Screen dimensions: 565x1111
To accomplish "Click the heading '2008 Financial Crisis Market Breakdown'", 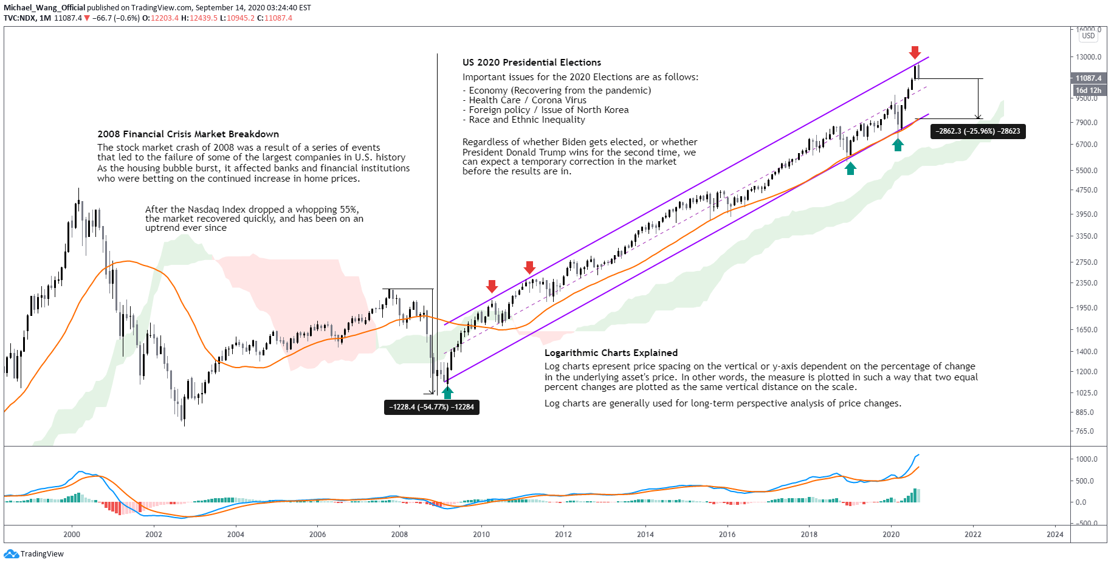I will pyautogui.click(x=188, y=134).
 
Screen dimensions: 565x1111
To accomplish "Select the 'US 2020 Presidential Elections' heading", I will pyautogui.click(x=532, y=63).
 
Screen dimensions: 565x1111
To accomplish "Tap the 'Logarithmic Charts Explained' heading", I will pyautogui.click(x=611, y=353).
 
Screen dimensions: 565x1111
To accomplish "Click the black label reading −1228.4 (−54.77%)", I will pyautogui.click(x=432, y=407).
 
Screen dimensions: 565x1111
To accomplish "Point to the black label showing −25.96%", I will pyautogui.click(x=978, y=131).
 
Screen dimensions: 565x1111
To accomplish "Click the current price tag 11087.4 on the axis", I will pyautogui.click(x=1088, y=78).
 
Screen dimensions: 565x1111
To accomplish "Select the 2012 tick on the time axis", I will pyautogui.click(x=563, y=535).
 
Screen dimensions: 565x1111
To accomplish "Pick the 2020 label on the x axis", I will pyautogui.click(x=891, y=535).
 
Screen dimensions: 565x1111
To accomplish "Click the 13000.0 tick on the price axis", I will pyautogui.click(x=1087, y=57).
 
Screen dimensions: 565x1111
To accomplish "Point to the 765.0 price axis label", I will pyautogui.click(x=1085, y=431).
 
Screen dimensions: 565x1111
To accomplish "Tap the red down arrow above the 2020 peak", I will pyautogui.click(x=915, y=52).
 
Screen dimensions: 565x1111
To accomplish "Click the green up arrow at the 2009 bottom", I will pyautogui.click(x=447, y=392).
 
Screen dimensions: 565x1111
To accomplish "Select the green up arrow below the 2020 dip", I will pyautogui.click(x=898, y=145).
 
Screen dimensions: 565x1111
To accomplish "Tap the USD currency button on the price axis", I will pyautogui.click(x=1089, y=36).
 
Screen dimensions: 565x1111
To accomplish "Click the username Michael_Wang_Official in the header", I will pyautogui.click(x=44, y=8).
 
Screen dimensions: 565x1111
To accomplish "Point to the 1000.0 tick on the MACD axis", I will pyautogui.click(x=1086, y=459).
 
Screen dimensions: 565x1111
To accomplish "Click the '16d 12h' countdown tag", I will pyautogui.click(x=1088, y=91).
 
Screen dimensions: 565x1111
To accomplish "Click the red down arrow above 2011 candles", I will pyautogui.click(x=529, y=267).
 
